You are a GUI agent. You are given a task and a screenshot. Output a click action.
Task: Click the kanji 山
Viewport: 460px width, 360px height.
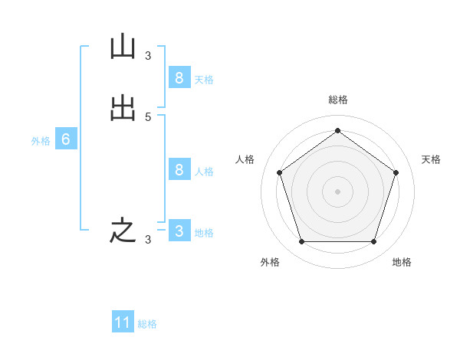coord(123,47)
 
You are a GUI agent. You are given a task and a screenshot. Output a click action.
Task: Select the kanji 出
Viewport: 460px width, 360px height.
coord(123,109)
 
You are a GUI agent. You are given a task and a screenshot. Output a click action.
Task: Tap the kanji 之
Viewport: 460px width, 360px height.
coord(123,231)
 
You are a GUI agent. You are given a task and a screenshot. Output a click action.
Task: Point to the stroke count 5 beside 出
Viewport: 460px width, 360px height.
coord(148,116)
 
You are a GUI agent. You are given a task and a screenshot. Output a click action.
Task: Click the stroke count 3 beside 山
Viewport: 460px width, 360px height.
coord(148,55)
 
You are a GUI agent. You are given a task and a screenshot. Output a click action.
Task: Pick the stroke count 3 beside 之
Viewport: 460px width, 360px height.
coord(148,240)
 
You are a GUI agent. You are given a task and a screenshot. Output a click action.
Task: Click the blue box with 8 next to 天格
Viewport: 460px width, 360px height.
coord(179,77)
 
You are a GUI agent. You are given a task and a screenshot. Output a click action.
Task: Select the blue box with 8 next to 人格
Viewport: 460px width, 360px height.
coord(179,169)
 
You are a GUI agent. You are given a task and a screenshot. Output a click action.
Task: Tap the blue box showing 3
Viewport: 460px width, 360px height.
coord(179,231)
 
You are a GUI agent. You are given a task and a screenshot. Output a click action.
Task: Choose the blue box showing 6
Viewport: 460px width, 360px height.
coord(66,139)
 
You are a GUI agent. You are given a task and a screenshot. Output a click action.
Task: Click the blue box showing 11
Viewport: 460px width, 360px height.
coord(123,322)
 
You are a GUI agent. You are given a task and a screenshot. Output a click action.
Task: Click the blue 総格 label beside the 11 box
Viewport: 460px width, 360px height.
coord(147,324)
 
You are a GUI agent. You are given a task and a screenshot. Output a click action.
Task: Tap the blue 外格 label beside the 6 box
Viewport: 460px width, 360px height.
coord(40,141)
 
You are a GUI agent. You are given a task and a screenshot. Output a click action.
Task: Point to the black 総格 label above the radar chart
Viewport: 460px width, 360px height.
coord(337,100)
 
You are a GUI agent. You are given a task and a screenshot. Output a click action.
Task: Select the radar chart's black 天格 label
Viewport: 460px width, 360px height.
coord(431,159)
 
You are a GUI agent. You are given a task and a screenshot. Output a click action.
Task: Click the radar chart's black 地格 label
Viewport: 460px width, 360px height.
coord(402,262)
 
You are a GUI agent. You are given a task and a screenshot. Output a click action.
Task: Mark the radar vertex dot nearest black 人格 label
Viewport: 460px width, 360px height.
coord(279,172)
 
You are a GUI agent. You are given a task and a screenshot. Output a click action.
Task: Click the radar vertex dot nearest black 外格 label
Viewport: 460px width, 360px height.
coord(301,242)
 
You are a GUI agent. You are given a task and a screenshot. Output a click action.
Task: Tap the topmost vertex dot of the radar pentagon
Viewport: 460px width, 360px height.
coord(337,130)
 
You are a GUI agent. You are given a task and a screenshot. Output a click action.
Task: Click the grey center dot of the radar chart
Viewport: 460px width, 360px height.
coord(337,191)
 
